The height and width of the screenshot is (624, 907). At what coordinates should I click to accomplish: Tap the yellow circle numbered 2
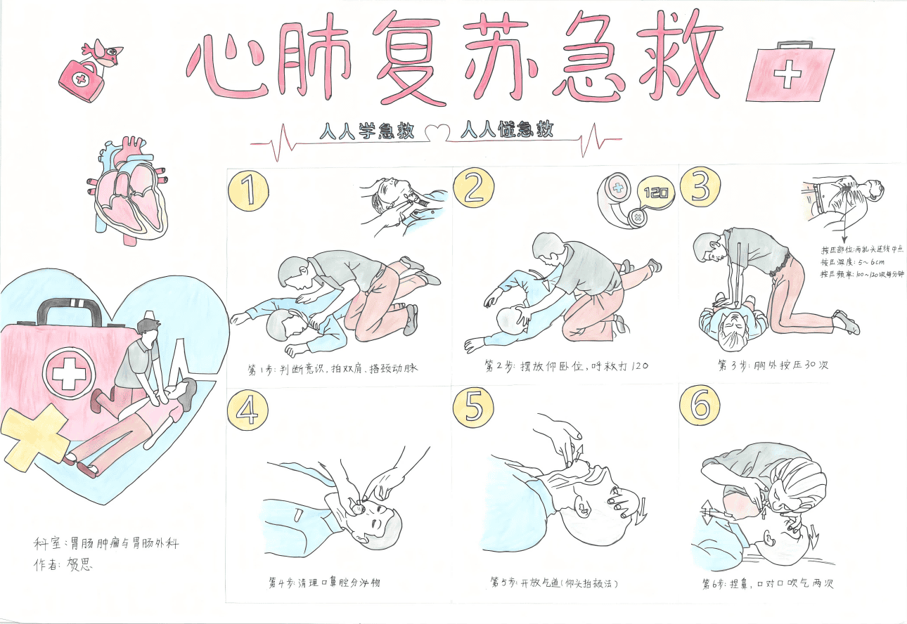pos(474,188)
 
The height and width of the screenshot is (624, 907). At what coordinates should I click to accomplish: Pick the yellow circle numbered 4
pos(247,410)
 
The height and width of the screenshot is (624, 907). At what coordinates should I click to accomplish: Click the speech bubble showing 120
pos(655,191)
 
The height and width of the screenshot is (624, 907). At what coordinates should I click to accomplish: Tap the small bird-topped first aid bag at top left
pos(88,70)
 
